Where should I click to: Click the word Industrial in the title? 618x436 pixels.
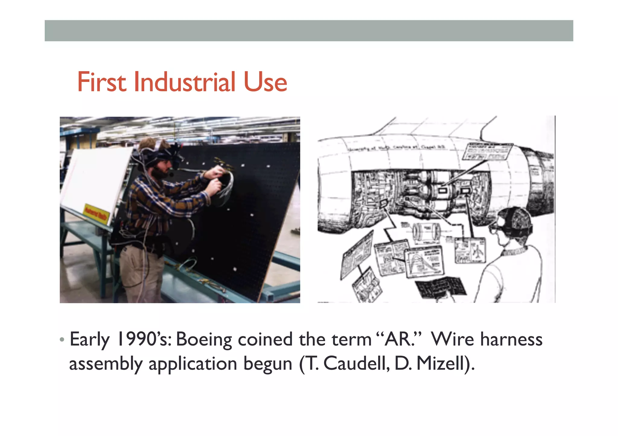[184, 82]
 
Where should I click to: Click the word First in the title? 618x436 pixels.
[101, 82]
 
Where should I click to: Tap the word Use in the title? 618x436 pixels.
[265, 82]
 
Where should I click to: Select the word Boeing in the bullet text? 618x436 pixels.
[204, 340]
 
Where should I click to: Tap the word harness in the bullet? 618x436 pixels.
[511, 340]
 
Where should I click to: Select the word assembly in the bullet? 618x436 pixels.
[106, 364]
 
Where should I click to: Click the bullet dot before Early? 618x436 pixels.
[62, 340]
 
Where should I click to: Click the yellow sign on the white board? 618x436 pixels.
[96, 213]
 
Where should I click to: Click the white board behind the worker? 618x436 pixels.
[94, 178]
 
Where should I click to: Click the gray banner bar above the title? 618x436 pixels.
[309, 31]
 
